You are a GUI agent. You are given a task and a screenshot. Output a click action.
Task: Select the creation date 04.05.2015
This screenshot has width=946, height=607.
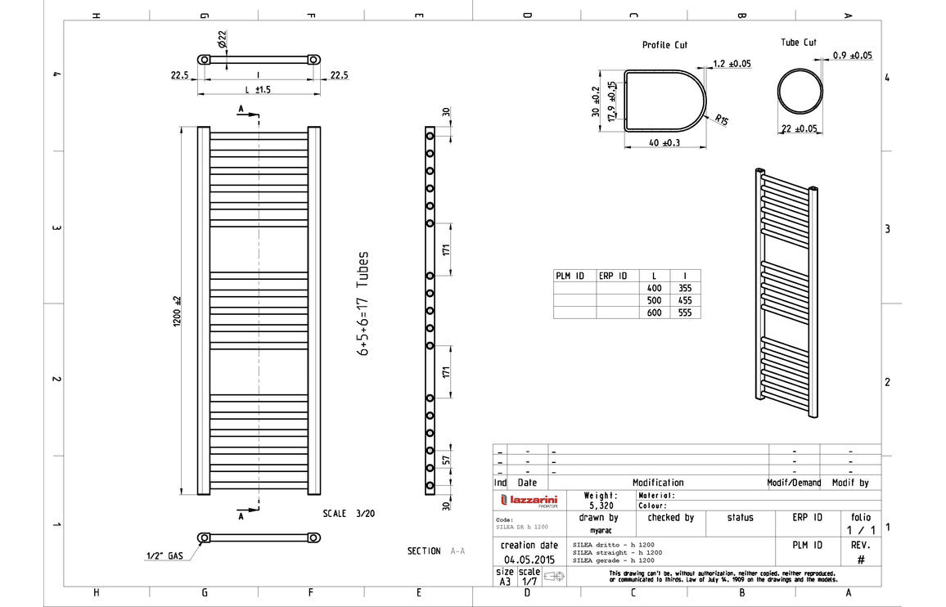pos(527,560)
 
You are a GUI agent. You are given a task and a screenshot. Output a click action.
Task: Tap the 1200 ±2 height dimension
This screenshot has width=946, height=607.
pos(177,311)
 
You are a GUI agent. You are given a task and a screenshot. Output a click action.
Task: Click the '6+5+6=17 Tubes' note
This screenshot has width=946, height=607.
pos(363,303)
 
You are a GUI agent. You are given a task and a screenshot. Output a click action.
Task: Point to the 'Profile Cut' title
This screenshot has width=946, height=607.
pos(664,45)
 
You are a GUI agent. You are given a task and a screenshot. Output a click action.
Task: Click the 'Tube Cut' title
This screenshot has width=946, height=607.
pos(798,43)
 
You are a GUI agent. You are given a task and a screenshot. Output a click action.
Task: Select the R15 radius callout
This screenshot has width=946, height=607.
pos(721,120)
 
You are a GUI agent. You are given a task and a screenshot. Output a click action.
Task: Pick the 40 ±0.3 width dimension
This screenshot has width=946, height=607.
pos(664,143)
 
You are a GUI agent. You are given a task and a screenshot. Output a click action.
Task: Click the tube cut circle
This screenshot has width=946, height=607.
pos(800,91)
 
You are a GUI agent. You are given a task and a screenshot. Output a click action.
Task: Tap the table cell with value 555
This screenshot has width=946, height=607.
pos(685,312)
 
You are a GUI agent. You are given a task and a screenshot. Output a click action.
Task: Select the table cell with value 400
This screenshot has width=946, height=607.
pos(654,288)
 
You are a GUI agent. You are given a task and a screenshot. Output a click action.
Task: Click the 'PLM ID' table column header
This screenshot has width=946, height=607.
pos(570,276)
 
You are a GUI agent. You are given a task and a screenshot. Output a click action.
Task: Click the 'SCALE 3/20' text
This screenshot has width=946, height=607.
pos(346,514)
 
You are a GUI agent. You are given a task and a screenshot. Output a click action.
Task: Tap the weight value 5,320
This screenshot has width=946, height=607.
pos(601,506)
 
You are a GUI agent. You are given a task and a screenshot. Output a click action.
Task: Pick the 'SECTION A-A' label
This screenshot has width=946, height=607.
pos(435,551)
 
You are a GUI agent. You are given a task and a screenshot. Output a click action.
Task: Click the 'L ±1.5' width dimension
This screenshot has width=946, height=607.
pos(258,88)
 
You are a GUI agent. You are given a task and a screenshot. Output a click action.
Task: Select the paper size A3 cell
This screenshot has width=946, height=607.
pos(504,582)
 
